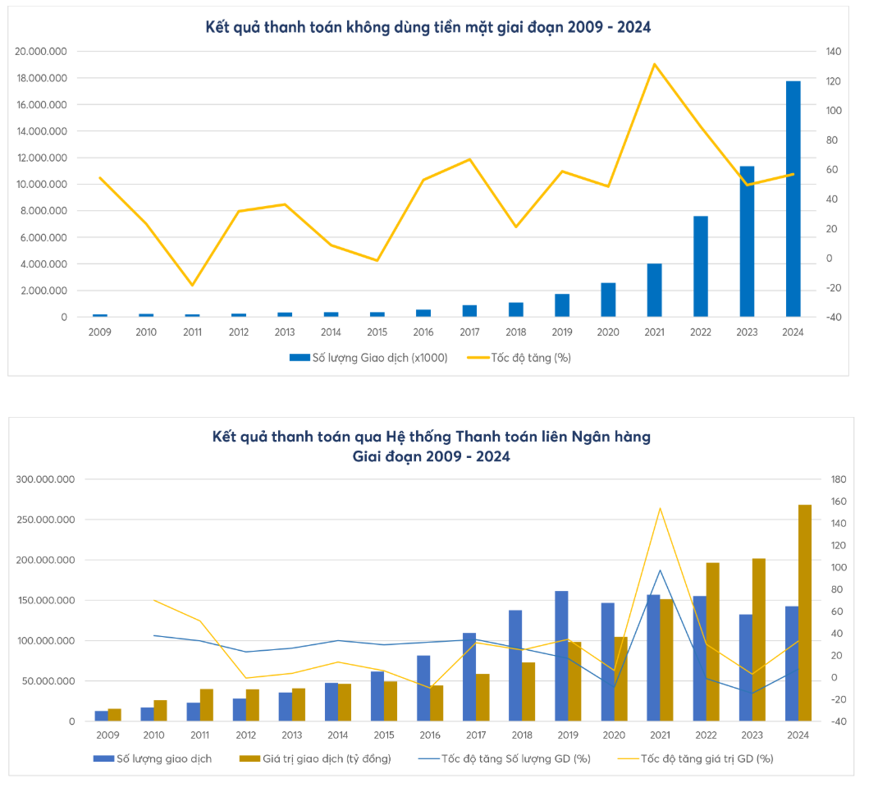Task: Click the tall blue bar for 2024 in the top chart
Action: (x=793, y=199)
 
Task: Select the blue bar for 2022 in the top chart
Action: (x=700, y=266)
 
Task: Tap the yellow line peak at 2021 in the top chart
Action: (x=654, y=64)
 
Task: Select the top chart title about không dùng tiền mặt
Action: (x=428, y=27)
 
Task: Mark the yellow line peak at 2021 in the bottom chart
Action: (x=660, y=508)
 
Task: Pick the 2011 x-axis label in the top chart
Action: (x=192, y=332)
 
